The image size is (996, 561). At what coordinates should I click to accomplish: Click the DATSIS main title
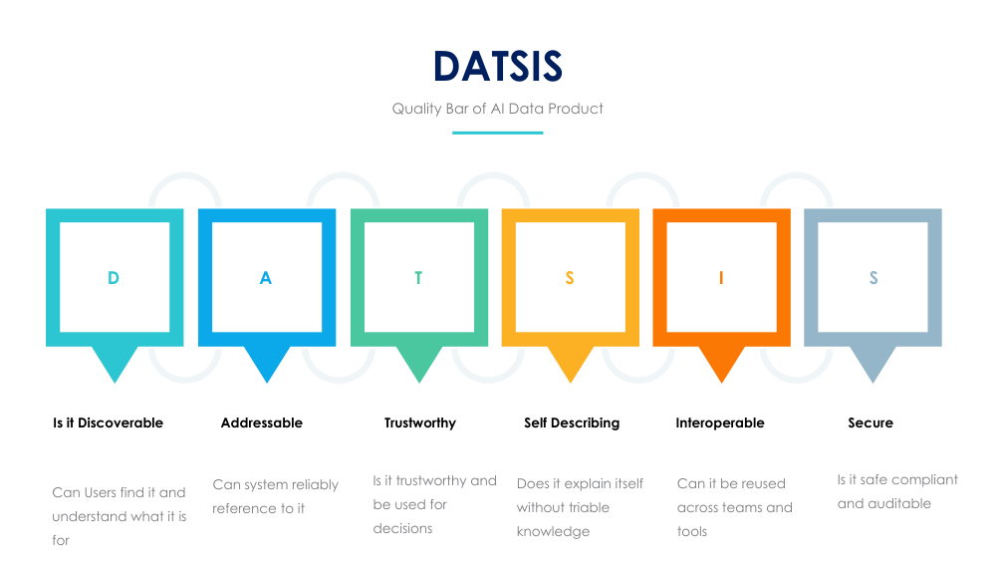tap(498, 67)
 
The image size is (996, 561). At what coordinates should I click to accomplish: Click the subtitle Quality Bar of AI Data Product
tap(498, 108)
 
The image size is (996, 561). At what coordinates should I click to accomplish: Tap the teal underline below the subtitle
tap(498, 133)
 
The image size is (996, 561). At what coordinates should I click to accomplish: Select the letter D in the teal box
tap(114, 278)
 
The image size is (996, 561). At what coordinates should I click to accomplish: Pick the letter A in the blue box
tap(266, 278)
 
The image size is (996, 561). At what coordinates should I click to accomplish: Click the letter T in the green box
tap(418, 278)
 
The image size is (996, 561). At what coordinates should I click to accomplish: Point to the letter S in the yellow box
tap(570, 278)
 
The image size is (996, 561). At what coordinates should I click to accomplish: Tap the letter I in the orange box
tap(721, 278)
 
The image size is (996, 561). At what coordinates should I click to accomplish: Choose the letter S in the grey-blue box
tap(873, 278)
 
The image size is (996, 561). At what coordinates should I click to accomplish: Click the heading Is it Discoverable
tap(108, 422)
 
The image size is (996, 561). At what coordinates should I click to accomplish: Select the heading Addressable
tap(261, 422)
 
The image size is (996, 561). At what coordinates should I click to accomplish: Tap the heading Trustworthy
tap(420, 422)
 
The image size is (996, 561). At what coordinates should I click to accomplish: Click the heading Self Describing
tap(572, 422)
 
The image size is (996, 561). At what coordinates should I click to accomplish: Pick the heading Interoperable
tap(720, 422)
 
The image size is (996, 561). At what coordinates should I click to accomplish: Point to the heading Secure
tap(871, 422)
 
